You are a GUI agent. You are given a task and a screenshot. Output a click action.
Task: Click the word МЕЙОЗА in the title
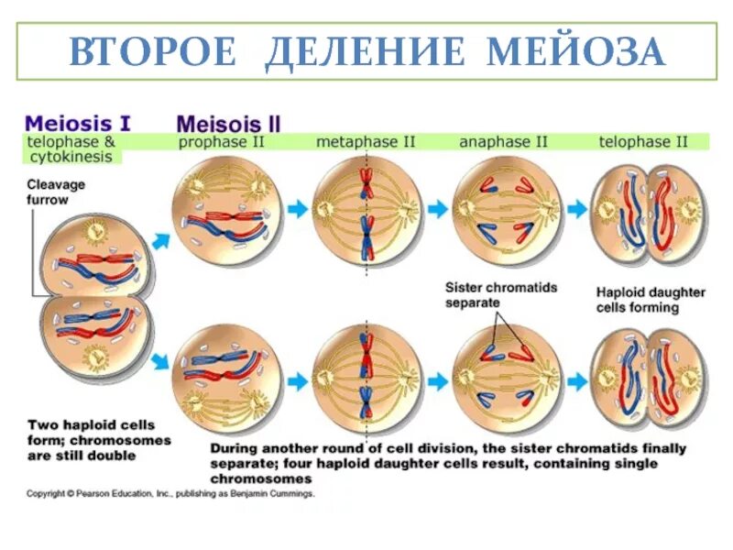[576, 53]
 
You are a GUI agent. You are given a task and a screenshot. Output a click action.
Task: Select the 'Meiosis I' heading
[77, 123]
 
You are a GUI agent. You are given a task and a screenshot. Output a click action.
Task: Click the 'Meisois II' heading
[228, 124]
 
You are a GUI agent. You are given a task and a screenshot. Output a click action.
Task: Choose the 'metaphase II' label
[366, 142]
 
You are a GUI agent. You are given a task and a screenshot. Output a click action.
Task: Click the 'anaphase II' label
[503, 142]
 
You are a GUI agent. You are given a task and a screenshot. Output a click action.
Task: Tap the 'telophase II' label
[642, 142]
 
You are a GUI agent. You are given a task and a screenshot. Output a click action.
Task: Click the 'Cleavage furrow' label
[55, 192]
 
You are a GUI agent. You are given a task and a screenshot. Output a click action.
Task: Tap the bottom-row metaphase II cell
[366, 379]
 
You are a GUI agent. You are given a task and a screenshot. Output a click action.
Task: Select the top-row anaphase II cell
[507, 210]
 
